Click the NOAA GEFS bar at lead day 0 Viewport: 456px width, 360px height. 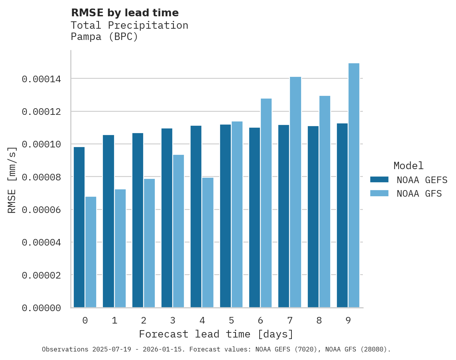[x=79, y=227]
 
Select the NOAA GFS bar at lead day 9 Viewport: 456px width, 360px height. [x=354, y=185]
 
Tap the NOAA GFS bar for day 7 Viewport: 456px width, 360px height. [x=295, y=192]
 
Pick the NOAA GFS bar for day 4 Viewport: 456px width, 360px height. [x=208, y=242]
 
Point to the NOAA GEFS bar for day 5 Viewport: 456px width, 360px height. [x=225, y=216]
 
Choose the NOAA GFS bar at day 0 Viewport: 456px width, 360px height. [x=91, y=252]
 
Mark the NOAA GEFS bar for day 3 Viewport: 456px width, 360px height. [x=167, y=218]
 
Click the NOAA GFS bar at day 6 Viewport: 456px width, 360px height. [x=266, y=203]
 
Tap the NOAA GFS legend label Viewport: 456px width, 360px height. [x=419, y=194]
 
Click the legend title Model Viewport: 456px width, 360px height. [x=408, y=166]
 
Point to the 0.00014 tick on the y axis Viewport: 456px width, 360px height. [x=42, y=79]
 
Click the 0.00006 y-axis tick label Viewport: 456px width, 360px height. [x=42, y=210]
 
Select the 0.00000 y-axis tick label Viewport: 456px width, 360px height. [x=42, y=308]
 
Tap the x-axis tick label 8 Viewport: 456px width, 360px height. [x=319, y=321]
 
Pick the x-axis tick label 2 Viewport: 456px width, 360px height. [x=144, y=321]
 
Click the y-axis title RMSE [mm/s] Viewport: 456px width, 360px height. [x=12, y=180]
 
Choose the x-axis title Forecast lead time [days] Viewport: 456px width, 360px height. [x=216, y=334]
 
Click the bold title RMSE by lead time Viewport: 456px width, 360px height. [x=125, y=13]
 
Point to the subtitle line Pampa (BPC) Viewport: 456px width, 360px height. [x=104, y=37]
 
